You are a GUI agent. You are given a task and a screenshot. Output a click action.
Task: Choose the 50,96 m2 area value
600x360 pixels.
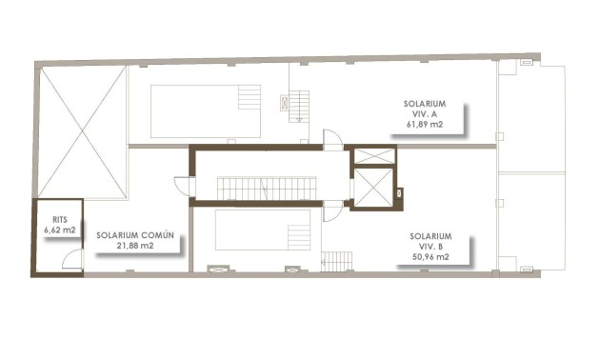coord(430,257)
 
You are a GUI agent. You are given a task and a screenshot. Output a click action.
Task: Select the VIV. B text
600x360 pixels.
coord(430,246)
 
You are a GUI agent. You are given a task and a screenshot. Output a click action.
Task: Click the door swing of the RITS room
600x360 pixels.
coord(71,260)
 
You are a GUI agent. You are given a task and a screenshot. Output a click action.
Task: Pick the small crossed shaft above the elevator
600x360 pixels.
coord(370,156)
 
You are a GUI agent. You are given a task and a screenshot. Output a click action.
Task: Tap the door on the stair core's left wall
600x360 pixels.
coord(181,185)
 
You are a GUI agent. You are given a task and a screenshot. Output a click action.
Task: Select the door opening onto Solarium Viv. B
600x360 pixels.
coord(331,211)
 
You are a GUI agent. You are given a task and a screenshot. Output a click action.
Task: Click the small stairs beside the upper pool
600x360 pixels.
coord(299,105)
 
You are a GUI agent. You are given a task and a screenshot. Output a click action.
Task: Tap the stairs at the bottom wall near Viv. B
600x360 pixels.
coord(336,261)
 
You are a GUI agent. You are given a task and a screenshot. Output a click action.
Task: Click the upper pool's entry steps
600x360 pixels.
coord(250,98)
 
